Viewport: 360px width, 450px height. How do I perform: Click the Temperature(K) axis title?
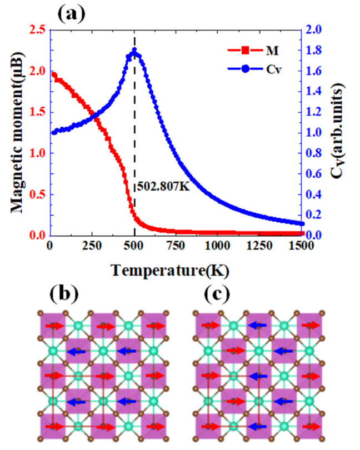pyautogui.click(x=169, y=271)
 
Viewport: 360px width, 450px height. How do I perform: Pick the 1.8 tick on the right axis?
pyautogui.click(x=315, y=51)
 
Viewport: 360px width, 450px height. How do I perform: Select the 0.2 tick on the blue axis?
pyautogui.click(x=315, y=215)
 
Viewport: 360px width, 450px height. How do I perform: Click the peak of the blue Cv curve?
pyautogui.click(x=134, y=51)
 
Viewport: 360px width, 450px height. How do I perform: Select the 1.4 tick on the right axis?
pyautogui.click(x=315, y=92)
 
